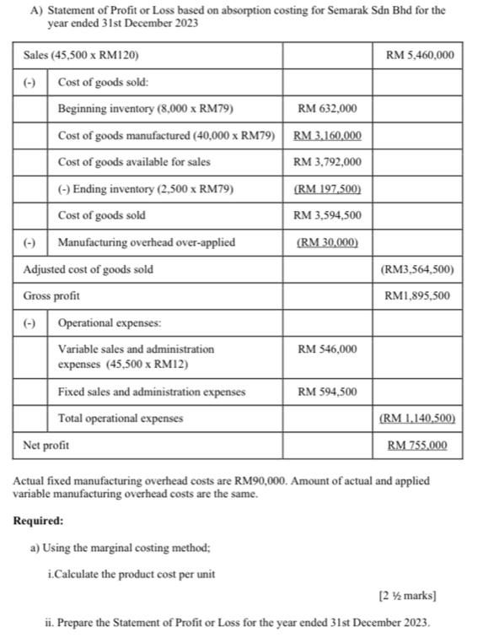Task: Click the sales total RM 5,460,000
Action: (x=419, y=56)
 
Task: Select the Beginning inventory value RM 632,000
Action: (x=327, y=109)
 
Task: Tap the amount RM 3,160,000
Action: (x=327, y=135)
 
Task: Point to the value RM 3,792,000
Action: (x=327, y=162)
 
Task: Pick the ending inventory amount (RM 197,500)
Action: (x=327, y=189)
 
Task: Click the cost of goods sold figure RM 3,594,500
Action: (x=327, y=215)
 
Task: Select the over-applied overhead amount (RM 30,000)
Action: (x=327, y=242)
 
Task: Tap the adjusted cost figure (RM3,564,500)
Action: (x=419, y=269)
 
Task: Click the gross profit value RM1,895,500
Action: (x=419, y=296)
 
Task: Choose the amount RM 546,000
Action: (x=327, y=349)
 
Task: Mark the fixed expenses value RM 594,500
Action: (x=327, y=392)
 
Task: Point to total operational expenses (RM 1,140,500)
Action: (x=419, y=419)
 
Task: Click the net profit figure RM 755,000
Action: (x=419, y=445)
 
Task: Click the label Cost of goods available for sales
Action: (x=134, y=162)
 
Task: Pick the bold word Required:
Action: (x=39, y=521)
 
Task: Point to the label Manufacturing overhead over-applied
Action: (x=147, y=242)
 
